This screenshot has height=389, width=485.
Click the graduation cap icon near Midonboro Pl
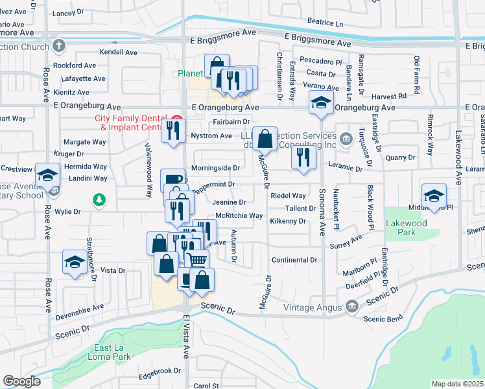tap(434, 194)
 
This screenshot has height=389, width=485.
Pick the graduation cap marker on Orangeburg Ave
tap(320, 103)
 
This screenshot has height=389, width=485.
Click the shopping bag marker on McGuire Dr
tap(265, 138)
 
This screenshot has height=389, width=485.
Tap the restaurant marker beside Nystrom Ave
tap(174, 130)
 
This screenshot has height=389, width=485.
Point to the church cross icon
tap(60, 46)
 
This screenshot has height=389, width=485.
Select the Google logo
tap(21, 381)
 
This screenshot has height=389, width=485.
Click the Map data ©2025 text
tap(457, 384)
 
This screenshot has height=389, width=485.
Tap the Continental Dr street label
tap(294, 260)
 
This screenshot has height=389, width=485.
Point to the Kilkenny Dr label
tap(287, 221)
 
